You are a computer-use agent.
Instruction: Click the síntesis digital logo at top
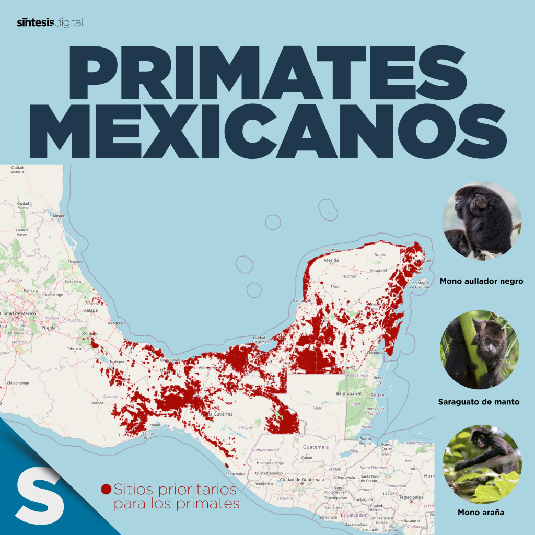pyautogui.click(x=50, y=22)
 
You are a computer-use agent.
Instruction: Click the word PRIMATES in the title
pyautogui.click(x=266, y=71)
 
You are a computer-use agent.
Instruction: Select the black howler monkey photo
pyautogui.click(x=481, y=220)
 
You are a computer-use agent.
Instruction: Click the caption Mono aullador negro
pyautogui.click(x=481, y=281)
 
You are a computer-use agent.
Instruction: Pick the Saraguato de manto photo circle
pyautogui.click(x=480, y=350)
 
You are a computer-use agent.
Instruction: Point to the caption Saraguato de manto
pyautogui.click(x=479, y=402)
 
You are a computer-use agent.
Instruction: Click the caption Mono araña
pyautogui.click(x=481, y=513)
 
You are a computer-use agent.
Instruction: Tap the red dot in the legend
pyautogui.click(x=106, y=490)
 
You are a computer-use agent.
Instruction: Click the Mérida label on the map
pyautogui.click(x=332, y=260)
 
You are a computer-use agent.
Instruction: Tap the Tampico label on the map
pyautogui.click(x=60, y=216)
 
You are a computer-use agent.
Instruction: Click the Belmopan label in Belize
pyautogui.click(x=350, y=393)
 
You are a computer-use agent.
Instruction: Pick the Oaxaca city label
pyautogui.click(x=97, y=403)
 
